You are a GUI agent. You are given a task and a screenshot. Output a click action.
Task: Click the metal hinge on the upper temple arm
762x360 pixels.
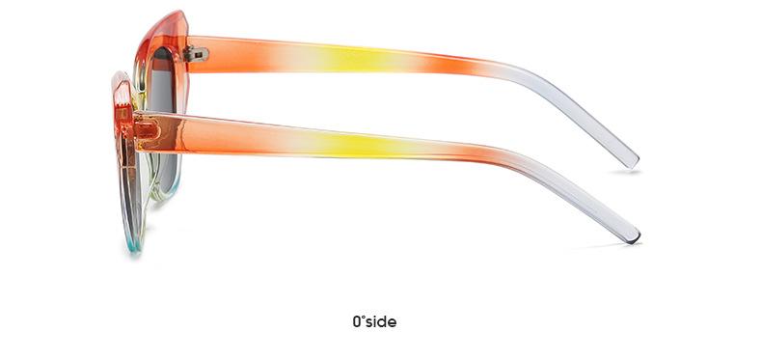[x=197, y=54]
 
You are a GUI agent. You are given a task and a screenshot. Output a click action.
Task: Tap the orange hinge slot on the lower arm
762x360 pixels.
[x=148, y=130]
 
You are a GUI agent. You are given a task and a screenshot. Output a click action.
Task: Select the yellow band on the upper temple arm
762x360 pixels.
[x=357, y=59]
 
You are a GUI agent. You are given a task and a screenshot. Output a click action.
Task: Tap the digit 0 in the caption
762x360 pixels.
[x=358, y=322]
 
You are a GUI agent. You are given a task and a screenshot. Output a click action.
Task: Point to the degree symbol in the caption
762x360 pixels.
[x=365, y=318]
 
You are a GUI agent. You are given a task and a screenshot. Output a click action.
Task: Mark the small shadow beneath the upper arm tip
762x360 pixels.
[x=625, y=172]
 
